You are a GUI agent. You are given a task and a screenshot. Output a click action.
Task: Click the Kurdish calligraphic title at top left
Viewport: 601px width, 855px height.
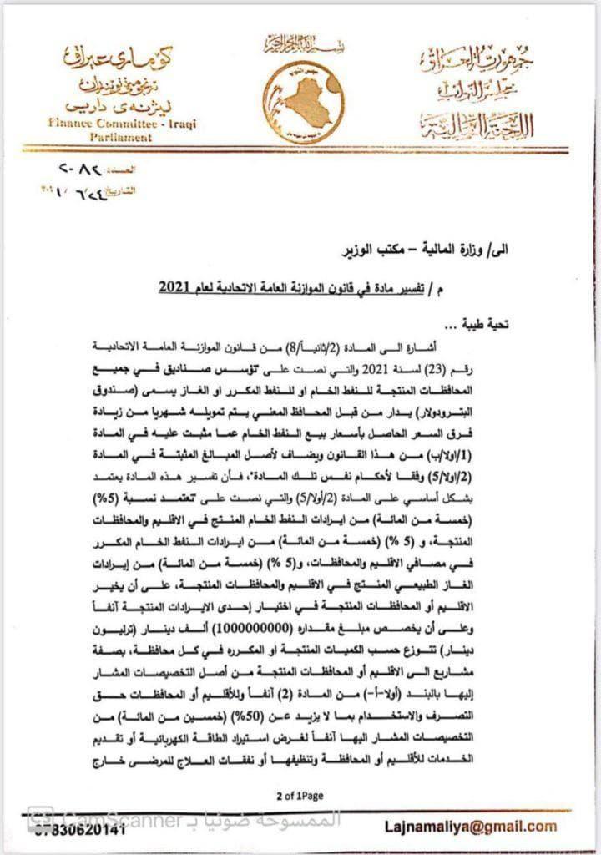109,79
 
